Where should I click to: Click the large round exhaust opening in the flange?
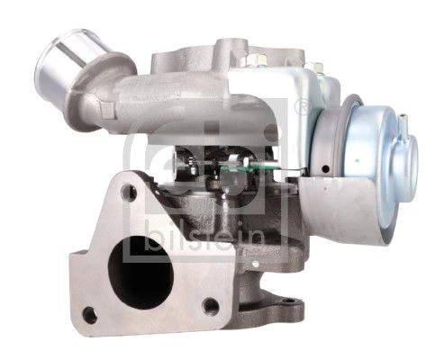click(x=140, y=273)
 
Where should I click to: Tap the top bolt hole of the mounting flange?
click(x=129, y=193)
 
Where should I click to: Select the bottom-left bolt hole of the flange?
click(x=89, y=315)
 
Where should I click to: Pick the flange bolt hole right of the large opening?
click(x=211, y=306)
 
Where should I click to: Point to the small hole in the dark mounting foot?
click(x=289, y=301)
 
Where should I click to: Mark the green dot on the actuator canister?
click(x=357, y=161)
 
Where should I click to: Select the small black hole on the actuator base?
click(x=325, y=169)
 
